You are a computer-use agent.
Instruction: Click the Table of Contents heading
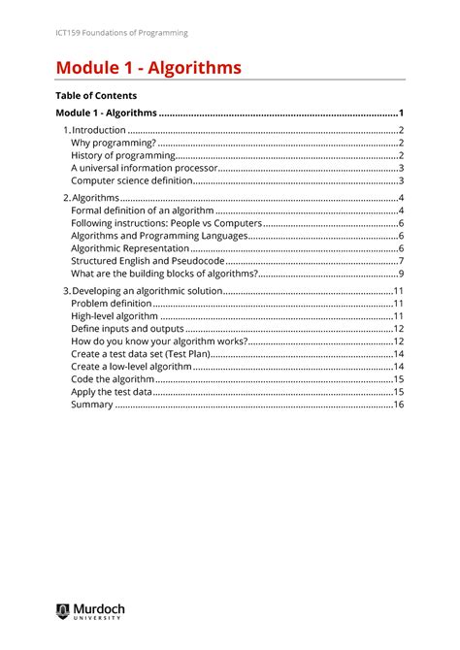coord(97,96)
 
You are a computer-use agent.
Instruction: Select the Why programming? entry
coord(114,143)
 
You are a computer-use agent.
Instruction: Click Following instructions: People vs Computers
coord(167,222)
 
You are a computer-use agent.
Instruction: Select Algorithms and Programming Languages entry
coord(160,235)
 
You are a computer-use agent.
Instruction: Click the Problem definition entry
coord(112,303)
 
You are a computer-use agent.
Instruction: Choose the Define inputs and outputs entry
coord(128,329)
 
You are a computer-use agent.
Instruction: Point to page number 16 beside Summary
coord(398,405)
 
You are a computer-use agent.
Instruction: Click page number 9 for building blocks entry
coord(401,273)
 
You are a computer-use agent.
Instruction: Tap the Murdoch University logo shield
coord(62,610)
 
